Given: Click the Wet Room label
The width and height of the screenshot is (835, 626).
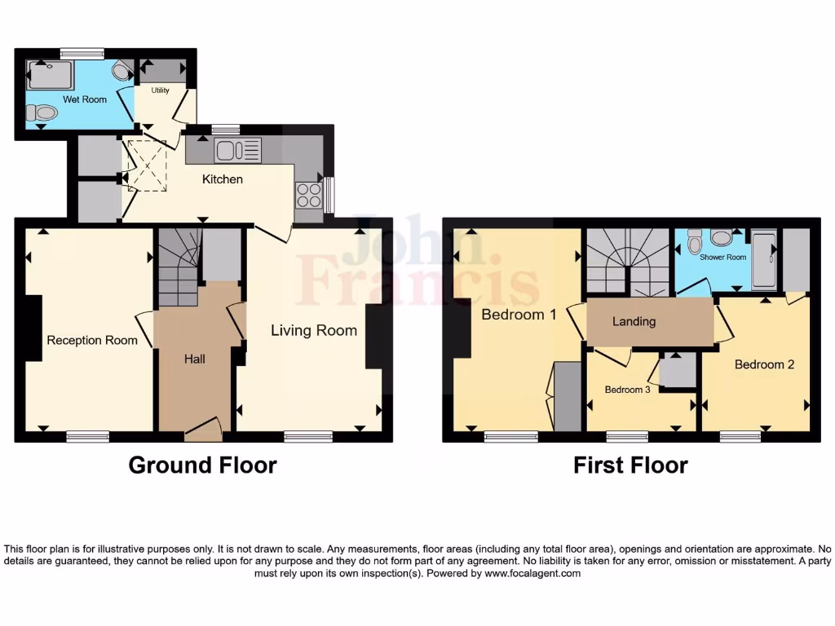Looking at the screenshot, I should coord(65,99).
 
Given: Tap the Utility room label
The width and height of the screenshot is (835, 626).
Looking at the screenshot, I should coord(161,90).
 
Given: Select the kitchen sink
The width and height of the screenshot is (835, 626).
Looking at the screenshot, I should coord(237,150).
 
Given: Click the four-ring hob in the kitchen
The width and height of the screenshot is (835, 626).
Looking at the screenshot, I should coord(308,196).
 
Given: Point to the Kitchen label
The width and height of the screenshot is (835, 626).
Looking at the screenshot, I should coord(223,179).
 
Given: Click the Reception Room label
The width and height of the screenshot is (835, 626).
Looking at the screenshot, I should coord(92,340).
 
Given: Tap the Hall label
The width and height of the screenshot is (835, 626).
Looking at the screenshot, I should coord(194,359).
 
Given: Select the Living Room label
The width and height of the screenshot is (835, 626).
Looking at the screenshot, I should coord(314,330).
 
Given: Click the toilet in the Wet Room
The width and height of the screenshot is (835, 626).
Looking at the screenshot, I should coord(42,113).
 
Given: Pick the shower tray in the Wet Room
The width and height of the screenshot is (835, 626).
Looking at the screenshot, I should coord(51,75).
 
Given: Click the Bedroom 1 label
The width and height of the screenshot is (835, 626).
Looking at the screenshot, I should coord(519,314).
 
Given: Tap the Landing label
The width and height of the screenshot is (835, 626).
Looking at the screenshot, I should coord(634,321).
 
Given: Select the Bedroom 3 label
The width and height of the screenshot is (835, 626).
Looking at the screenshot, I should coord(627,390).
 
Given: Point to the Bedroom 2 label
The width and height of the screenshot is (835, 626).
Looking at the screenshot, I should coord(764,364).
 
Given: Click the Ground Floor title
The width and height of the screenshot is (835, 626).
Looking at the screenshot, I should coord(202,465).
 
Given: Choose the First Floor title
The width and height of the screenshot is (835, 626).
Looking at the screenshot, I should coord(630,465).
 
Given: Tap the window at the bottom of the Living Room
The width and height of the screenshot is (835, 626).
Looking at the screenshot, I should coord(308,437).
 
